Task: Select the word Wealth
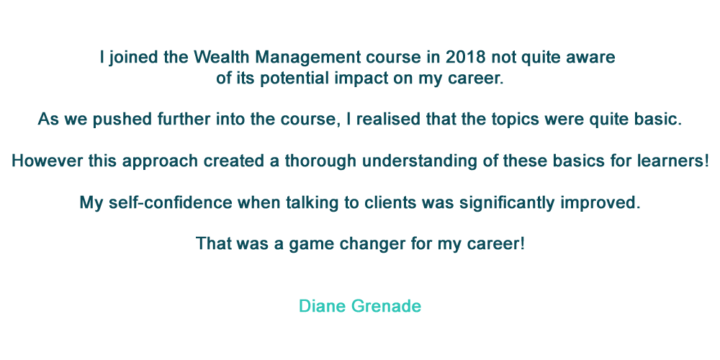point(222,58)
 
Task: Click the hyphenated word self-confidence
point(170,202)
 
